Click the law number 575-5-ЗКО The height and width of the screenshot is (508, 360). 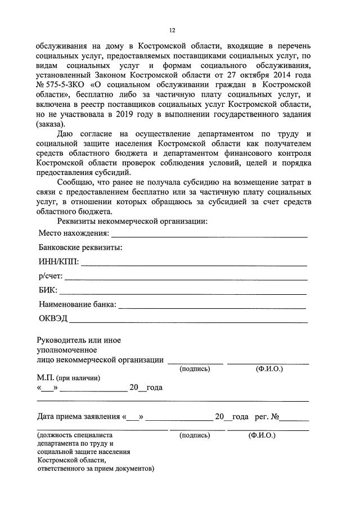click(63, 84)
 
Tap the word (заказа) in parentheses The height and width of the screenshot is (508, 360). click(51, 124)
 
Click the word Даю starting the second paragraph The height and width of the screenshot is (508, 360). click(67, 134)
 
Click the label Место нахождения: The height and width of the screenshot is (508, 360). click(73, 233)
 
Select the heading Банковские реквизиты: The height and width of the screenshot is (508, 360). click(80, 248)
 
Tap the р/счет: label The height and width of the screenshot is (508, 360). click(50, 277)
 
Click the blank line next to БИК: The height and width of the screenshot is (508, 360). click(183, 293)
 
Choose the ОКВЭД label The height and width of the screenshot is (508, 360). click(53, 319)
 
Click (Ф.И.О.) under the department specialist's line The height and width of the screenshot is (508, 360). click(262, 435)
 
